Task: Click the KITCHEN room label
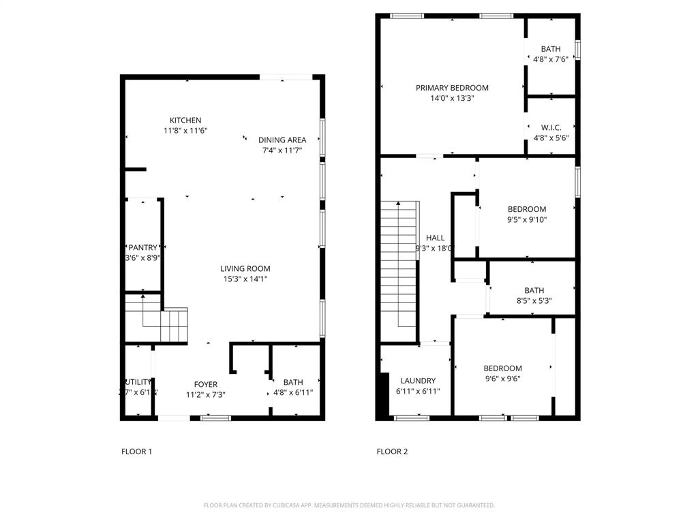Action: click(185, 121)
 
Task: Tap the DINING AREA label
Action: click(282, 140)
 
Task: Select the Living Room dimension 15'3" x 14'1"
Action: click(245, 279)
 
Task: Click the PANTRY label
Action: click(143, 248)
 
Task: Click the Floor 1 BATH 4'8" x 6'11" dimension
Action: click(293, 392)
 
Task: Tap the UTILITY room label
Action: click(138, 382)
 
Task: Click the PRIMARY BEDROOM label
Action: click(452, 88)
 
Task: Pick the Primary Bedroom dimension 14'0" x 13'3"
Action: click(452, 98)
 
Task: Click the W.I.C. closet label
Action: click(551, 127)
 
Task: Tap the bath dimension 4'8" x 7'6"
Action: click(551, 59)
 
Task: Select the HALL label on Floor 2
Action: click(435, 238)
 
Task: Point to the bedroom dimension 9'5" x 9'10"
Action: click(527, 219)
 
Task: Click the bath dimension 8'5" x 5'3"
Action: click(534, 300)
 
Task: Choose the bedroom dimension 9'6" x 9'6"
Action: click(503, 379)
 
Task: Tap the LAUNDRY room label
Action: click(418, 381)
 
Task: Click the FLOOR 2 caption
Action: click(392, 451)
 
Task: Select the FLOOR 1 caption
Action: click(136, 451)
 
